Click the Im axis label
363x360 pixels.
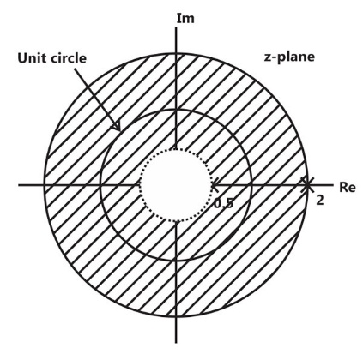(x=185, y=18)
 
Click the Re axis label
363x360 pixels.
(x=348, y=188)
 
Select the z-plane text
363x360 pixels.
(x=289, y=57)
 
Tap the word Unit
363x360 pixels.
(x=32, y=58)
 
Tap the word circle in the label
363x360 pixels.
(x=69, y=58)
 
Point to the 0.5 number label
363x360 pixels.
(x=224, y=203)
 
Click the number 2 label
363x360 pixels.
(x=320, y=201)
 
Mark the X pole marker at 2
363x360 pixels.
(x=307, y=185)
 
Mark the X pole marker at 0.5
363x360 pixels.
(x=215, y=185)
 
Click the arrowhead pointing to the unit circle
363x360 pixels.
(x=118, y=127)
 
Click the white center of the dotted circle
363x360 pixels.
(x=176, y=185)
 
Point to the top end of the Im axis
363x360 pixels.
(x=176, y=27)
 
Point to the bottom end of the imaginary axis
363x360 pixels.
(x=176, y=342)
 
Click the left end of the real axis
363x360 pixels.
(x=19, y=185)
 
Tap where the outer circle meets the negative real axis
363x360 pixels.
(x=44, y=185)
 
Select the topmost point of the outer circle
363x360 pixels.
(x=176, y=53)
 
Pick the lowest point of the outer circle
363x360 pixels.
(x=176, y=316)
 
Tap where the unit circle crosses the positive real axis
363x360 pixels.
(x=251, y=185)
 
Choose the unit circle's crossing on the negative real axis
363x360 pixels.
(x=100, y=185)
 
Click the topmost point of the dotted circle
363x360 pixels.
(x=176, y=149)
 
